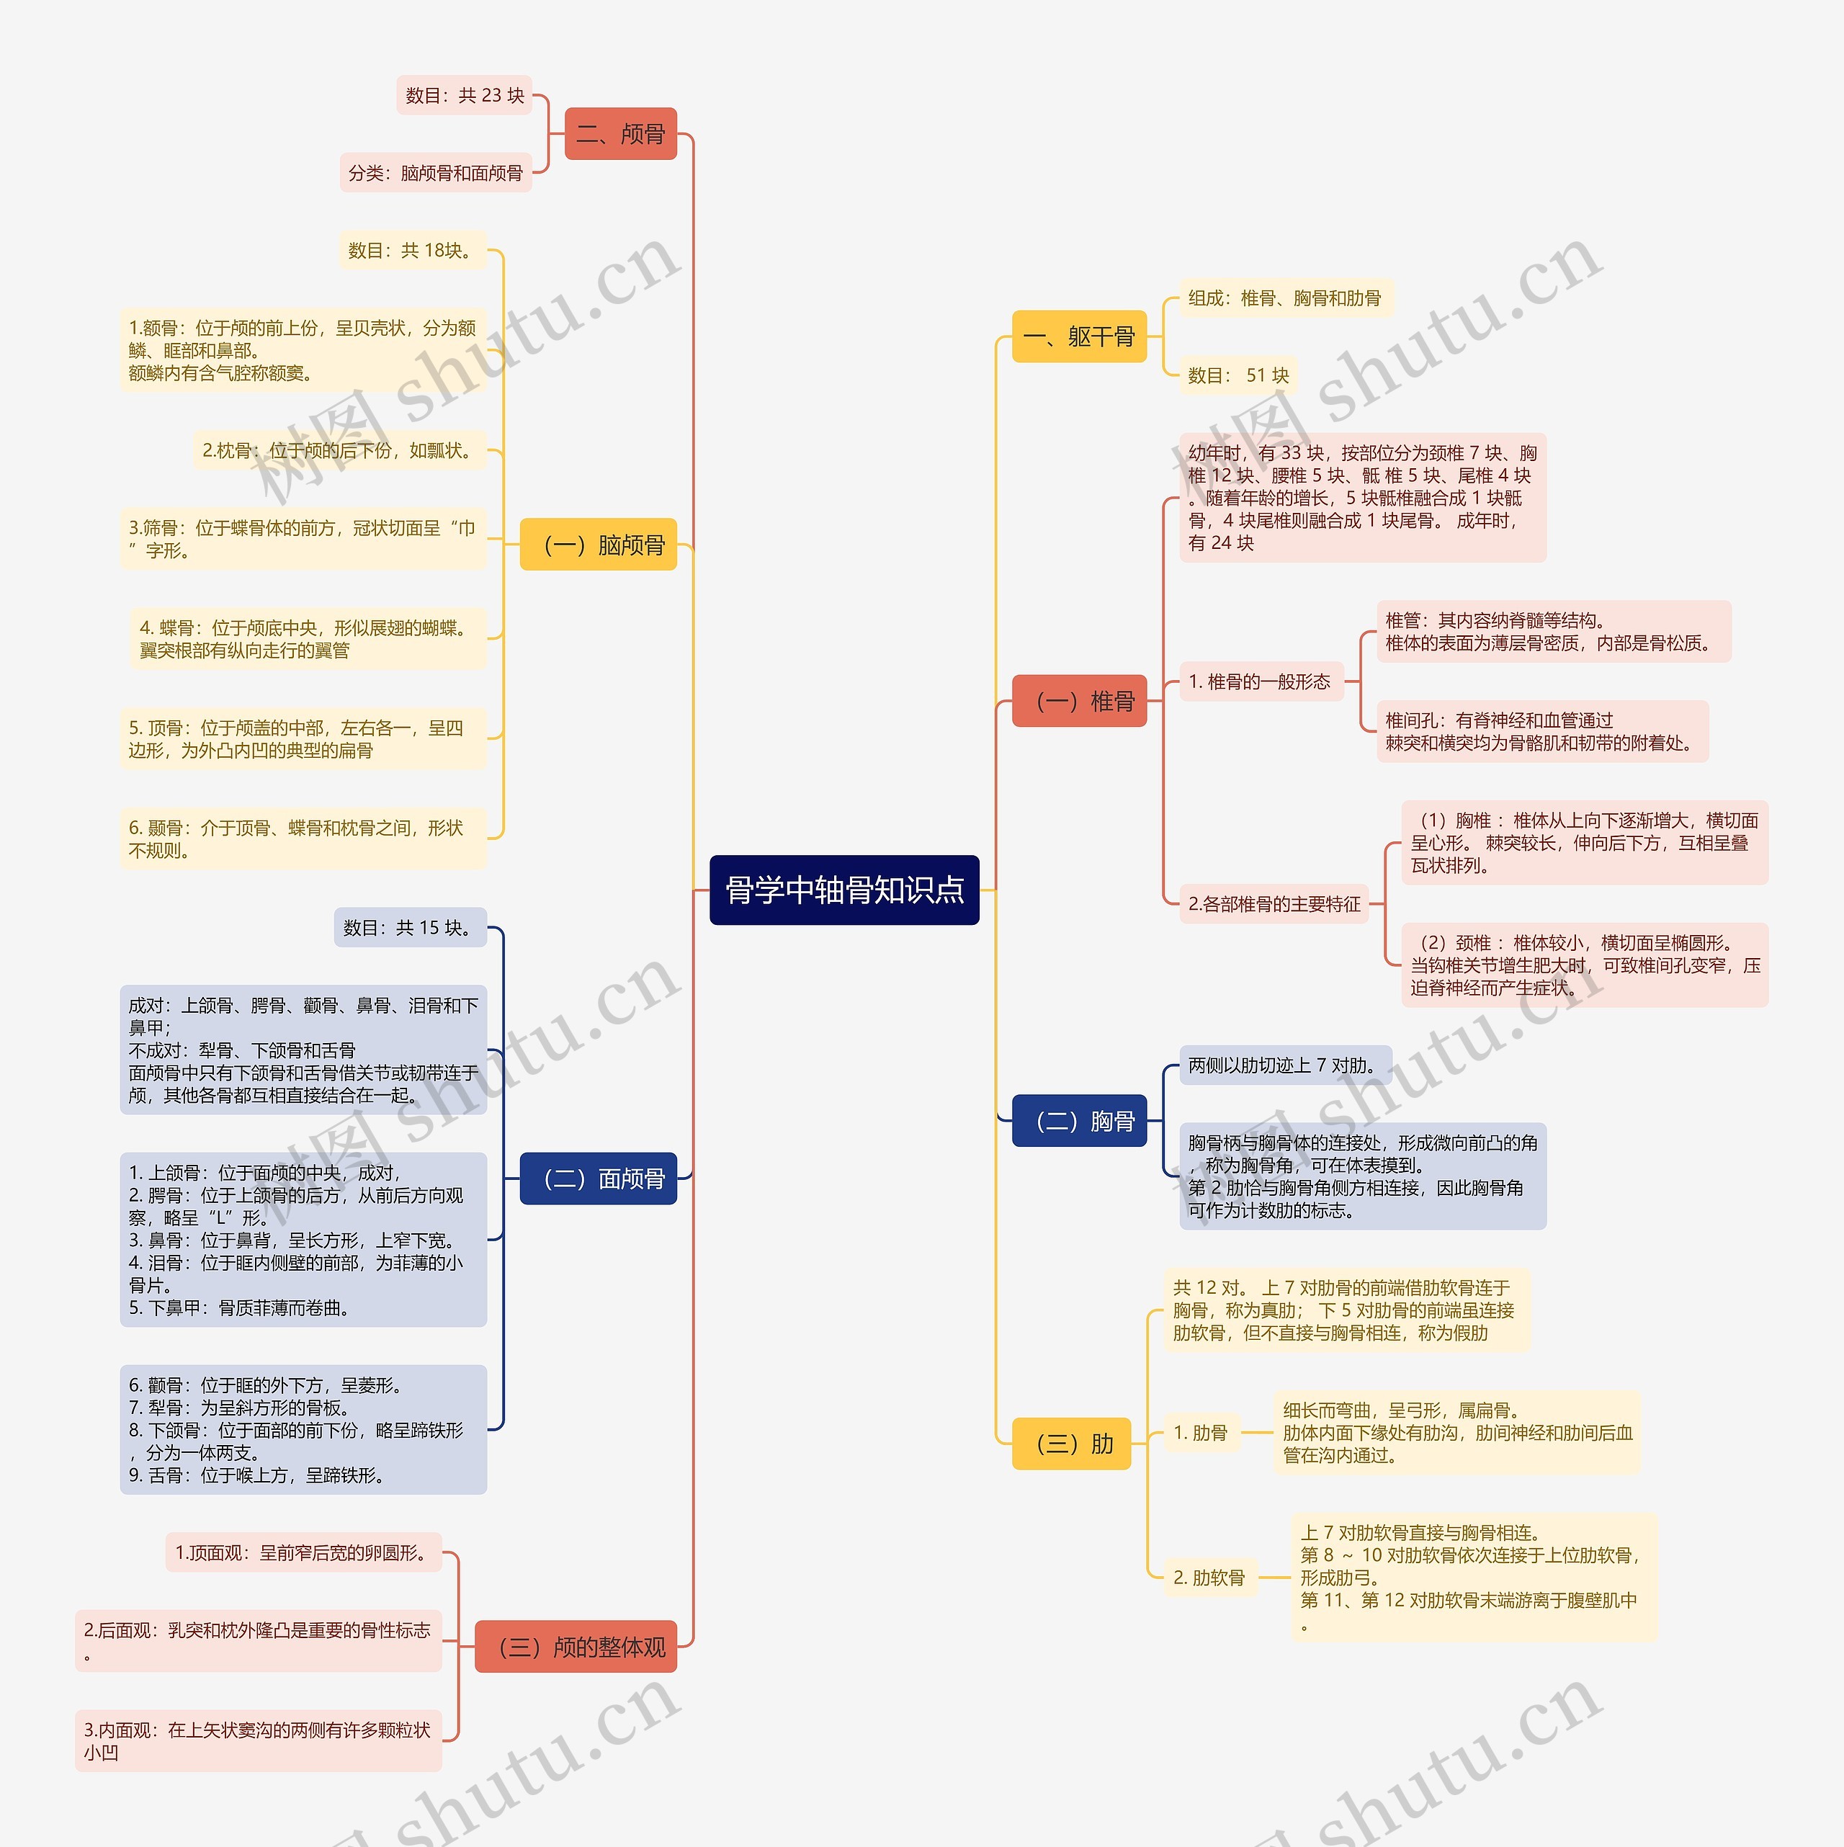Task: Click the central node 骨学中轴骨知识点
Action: point(844,890)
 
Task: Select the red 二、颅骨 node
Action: point(620,134)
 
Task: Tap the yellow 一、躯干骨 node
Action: point(1078,336)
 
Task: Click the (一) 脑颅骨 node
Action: point(599,545)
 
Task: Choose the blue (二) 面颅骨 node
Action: point(599,1179)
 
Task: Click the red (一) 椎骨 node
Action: point(1078,701)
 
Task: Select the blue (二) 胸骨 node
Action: point(1078,1120)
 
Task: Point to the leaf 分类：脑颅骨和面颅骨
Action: point(436,173)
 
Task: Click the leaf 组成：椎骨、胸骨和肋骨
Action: point(1285,298)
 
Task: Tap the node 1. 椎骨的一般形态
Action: point(1260,681)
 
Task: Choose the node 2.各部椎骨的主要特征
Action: point(1274,904)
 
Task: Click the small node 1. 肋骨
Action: point(1201,1432)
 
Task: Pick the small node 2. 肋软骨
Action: point(1209,1578)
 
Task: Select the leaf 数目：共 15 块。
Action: point(409,927)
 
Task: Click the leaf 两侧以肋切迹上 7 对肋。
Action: point(1284,1065)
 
